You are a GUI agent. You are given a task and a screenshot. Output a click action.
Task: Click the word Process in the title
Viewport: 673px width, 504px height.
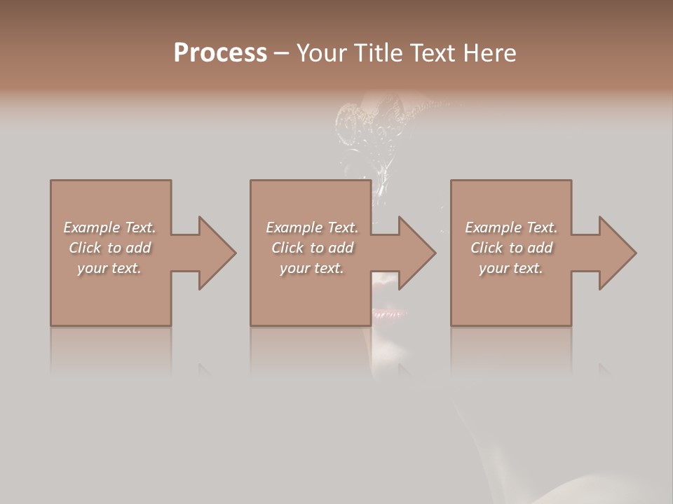click(220, 53)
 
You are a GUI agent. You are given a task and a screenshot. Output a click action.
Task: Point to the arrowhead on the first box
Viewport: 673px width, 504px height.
click(215, 253)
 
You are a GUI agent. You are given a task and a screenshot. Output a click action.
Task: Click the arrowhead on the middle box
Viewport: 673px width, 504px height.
click(415, 253)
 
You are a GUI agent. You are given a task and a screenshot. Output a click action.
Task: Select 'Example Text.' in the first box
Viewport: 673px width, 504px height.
click(109, 227)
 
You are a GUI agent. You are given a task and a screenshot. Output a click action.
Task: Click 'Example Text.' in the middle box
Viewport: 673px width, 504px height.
click(312, 227)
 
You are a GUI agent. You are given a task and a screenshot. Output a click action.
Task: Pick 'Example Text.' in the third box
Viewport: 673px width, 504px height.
click(511, 227)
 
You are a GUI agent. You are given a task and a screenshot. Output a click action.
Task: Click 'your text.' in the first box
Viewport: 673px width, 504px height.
click(109, 268)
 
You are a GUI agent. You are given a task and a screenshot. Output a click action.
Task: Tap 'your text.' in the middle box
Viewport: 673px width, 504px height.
click(312, 268)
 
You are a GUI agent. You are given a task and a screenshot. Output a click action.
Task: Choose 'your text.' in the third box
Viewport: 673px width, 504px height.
click(511, 268)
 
